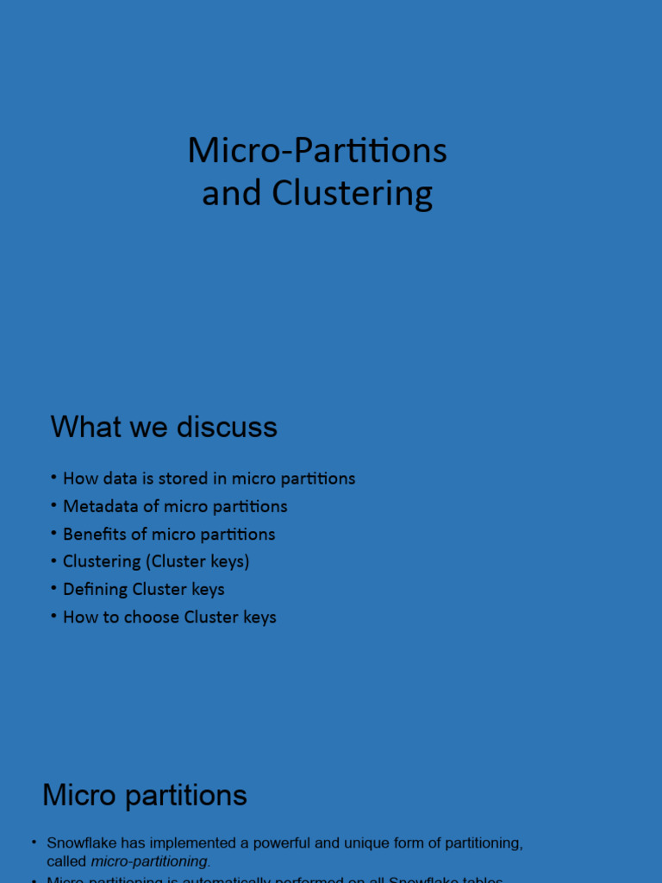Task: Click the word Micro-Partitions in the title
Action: pos(317,151)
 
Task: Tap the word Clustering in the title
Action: pos(353,194)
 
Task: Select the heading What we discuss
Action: pos(164,427)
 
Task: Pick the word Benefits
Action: pos(95,534)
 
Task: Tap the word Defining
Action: pos(96,589)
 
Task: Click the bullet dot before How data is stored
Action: pos(54,477)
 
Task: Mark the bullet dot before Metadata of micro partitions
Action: pos(54,504)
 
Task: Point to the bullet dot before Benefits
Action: pos(54,532)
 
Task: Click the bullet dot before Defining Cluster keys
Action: pos(54,588)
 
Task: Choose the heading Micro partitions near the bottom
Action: pos(145,795)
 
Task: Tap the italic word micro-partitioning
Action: pos(149,861)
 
